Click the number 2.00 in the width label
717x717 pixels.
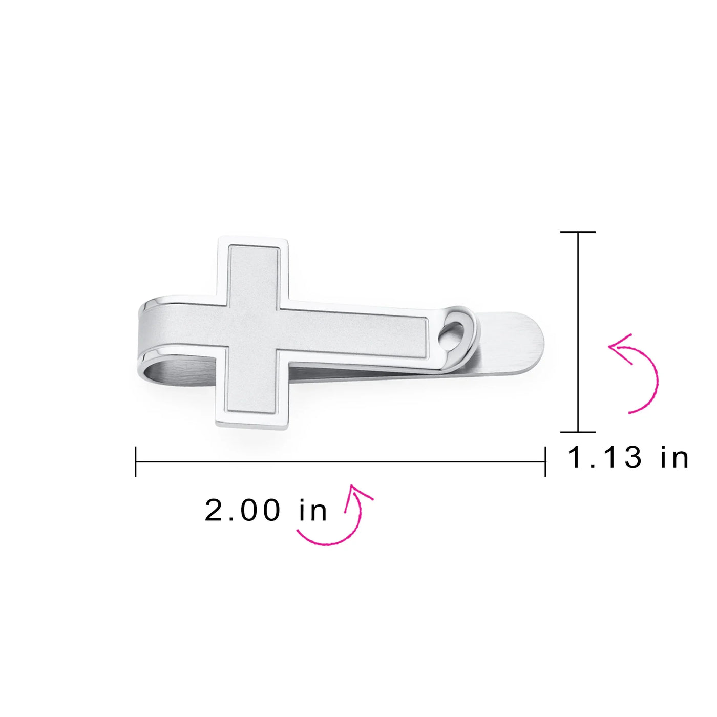point(242,511)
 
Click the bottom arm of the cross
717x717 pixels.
point(253,392)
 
